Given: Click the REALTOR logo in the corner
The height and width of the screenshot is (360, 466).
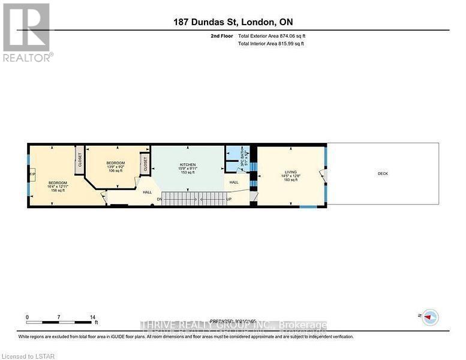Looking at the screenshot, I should (27, 32).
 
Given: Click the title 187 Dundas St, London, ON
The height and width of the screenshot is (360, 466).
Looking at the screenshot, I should (233, 22).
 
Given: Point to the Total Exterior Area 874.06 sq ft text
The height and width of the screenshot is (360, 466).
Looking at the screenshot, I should (275, 36).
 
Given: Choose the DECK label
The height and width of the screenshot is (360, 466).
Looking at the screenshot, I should (383, 174).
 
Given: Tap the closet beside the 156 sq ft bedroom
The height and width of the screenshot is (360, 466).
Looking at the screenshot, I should (79, 159).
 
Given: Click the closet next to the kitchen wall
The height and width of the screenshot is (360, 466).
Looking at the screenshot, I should (145, 163).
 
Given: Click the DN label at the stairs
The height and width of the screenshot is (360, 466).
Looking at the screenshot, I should (159, 199).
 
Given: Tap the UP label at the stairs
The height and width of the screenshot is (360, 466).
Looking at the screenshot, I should (229, 199).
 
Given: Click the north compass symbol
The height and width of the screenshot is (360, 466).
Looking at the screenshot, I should (429, 317).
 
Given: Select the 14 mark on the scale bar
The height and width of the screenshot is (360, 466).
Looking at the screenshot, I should (92, 316).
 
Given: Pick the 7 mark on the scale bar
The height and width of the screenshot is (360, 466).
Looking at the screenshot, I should (59, 316).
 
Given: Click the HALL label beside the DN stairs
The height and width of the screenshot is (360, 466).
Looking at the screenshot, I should (147, 192).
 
